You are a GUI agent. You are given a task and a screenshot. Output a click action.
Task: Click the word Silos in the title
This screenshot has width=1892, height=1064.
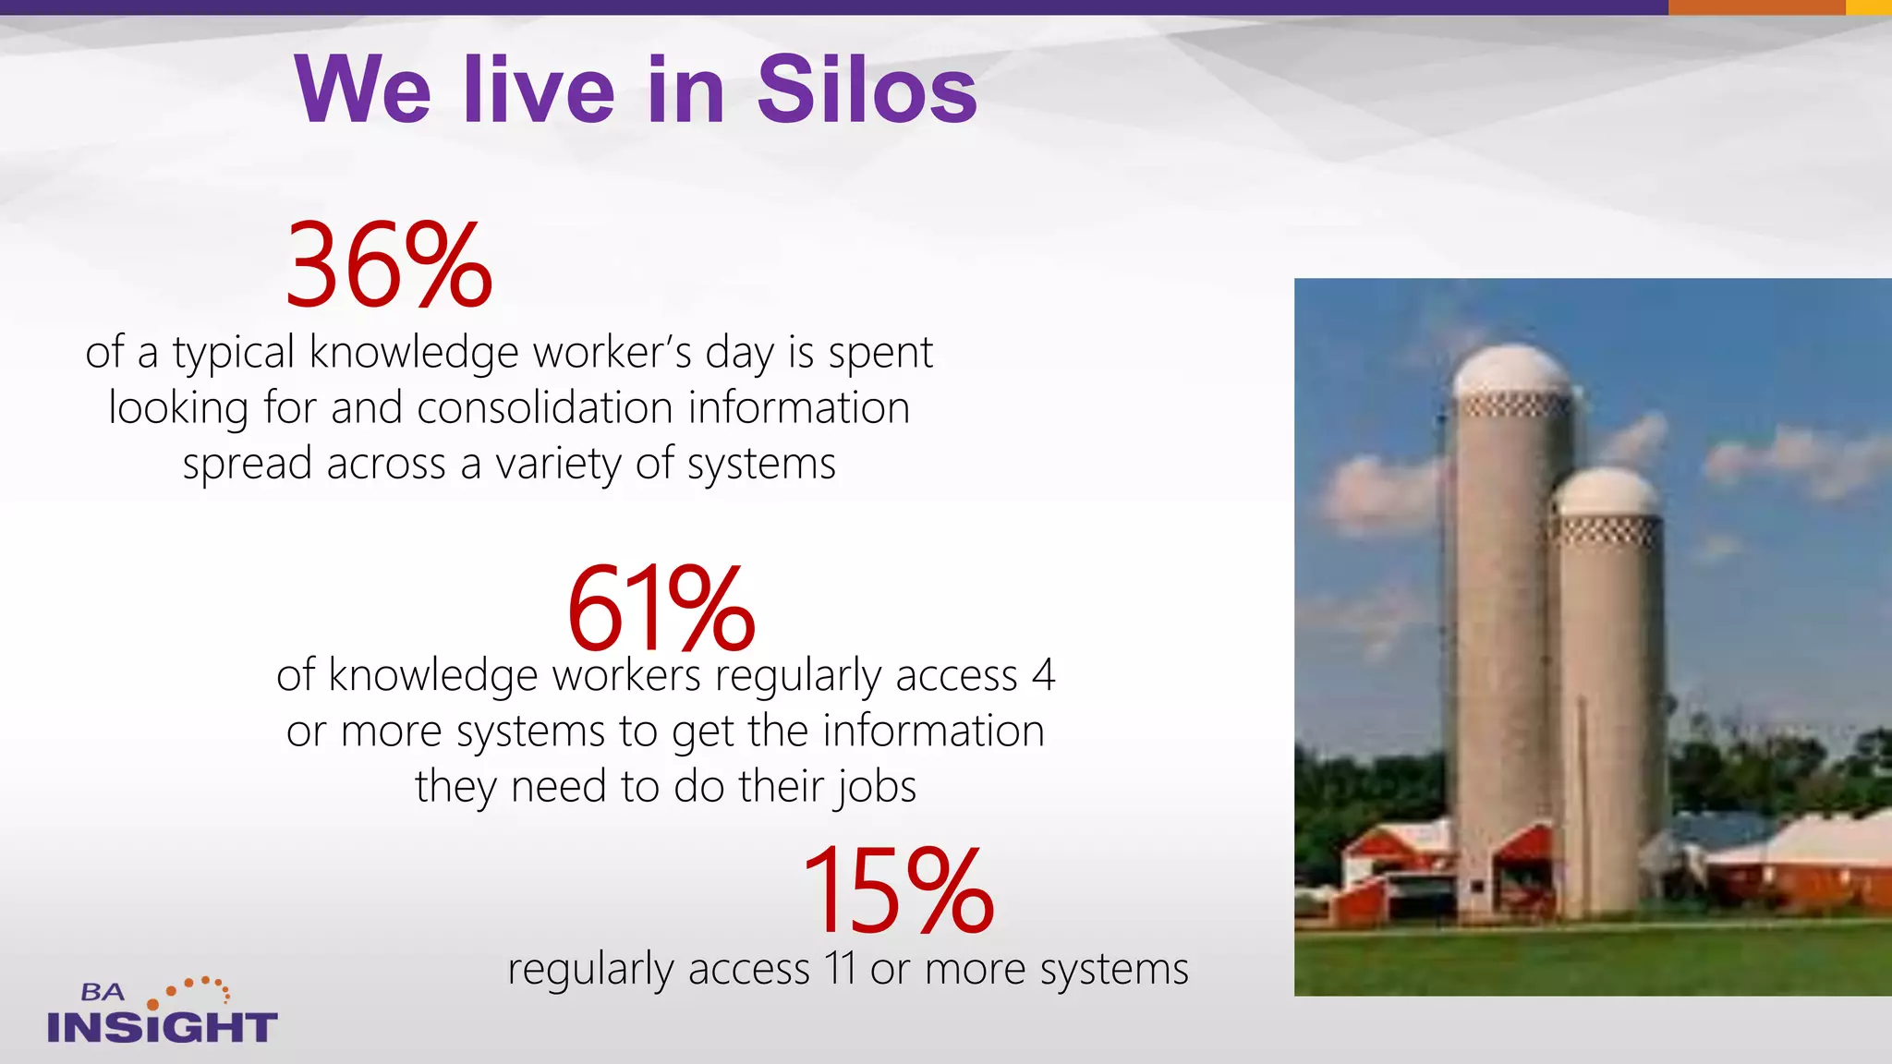click(x=867, y=90)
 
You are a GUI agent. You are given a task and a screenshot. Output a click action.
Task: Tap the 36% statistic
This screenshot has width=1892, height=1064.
click(x=389, y=266)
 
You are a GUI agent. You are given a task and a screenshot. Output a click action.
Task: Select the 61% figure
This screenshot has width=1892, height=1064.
click(x=661, y=609)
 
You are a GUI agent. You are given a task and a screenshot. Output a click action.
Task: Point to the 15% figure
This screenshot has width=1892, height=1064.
click(x=898, y=890)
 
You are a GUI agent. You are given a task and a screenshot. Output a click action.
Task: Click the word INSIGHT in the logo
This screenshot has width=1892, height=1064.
click(x=162, y=1027)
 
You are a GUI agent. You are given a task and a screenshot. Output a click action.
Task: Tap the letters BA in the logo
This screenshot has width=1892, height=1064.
click(x=102, y=993)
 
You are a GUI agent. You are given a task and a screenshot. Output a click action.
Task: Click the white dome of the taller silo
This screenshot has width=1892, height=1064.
click(x=1511, y=369)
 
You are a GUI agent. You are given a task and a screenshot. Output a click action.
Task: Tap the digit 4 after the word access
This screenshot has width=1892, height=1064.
click(x=1043, y=675)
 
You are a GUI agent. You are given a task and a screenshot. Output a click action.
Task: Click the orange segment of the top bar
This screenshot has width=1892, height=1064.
click(x=1755, y=7)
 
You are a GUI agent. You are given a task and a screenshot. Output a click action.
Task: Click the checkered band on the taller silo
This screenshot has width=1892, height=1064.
click(x=1512, y=405)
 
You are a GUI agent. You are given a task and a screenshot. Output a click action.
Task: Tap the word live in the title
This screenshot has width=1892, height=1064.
click(x=539, y=90)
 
